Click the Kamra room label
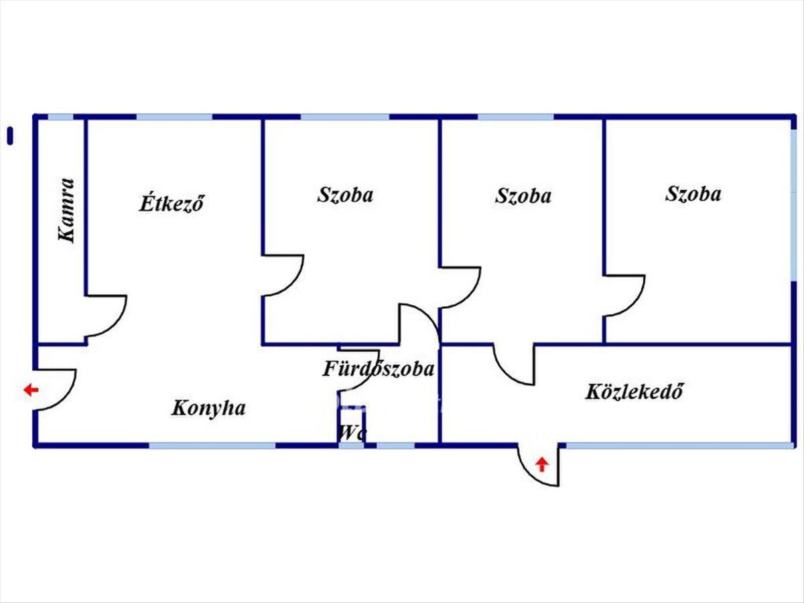click(66, 210)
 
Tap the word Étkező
click(172, 202)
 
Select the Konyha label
click(208, 409)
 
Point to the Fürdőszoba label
click(379, 368)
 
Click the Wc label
click(352, 433)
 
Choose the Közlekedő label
click(634, 391)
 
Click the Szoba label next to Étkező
click(345, 195)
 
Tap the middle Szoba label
click(523, 196)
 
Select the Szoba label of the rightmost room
click(693, 194)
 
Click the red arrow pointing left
click(31, 390)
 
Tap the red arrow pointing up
click(542, 465)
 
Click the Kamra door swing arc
click(115, 322)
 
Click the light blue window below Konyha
click(212, 446)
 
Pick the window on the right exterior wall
click(793, 205)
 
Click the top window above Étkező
click(174, 117)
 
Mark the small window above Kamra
click(60, 117)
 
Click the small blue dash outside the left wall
click(10, 136)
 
